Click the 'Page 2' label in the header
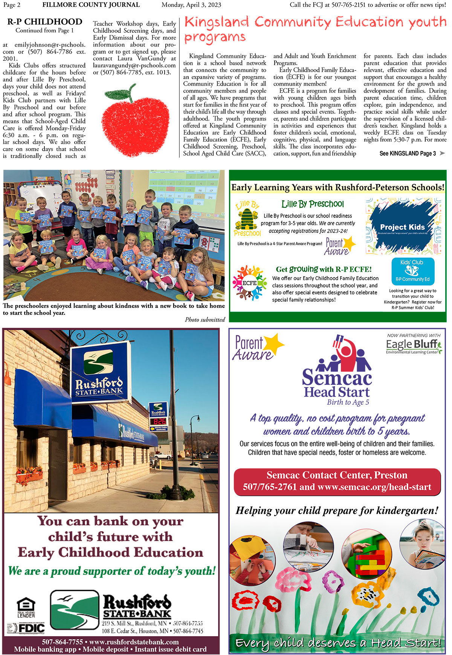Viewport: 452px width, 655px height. tap(12, 5)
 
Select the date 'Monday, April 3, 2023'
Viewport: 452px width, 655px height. tap(191, 5)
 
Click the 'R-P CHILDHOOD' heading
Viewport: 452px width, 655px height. tap(45, 22)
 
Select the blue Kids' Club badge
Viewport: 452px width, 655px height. tap(412, 271)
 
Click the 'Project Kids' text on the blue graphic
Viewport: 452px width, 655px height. tap(402, 227)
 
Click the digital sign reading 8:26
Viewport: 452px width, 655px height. tap(160, 421)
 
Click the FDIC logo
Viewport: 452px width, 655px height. tap(26, 628)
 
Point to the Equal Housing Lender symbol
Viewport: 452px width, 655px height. tap(26, 607)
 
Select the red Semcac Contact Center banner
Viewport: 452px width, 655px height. tap(337, 481)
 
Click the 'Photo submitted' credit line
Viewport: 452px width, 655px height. tap(205, 320)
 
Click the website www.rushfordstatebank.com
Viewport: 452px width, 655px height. tap(134, 642)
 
